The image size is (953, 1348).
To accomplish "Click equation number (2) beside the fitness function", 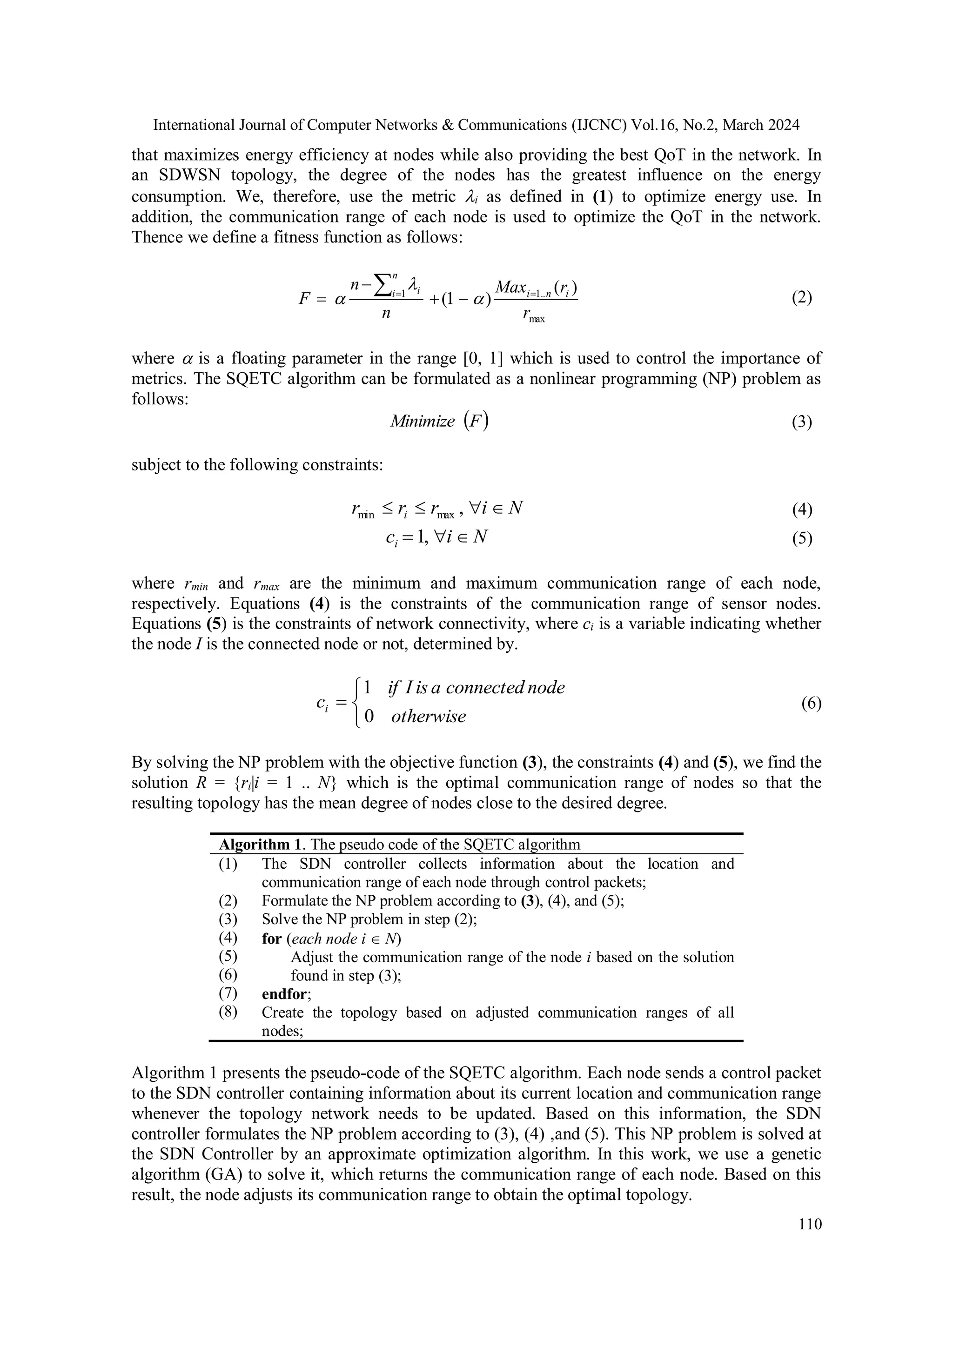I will pyautogui.click(x=801, y=298).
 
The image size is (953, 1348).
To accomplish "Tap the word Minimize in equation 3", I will pyautogui.click(x=422, y=422).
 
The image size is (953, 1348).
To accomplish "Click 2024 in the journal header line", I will pyautogui.click(x=782, y=125).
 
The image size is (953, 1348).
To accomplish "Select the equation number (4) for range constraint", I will pyautogui.click(x=801, y=509).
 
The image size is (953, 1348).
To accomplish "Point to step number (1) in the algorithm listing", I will pyautogui.click(x=228, y=864).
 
